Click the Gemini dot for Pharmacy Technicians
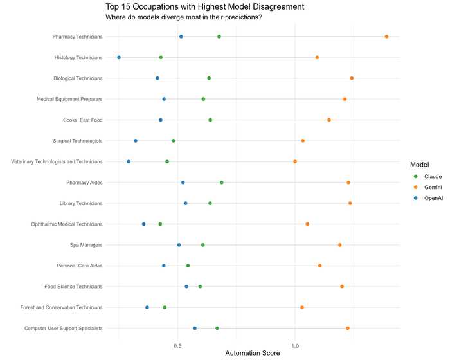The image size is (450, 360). pos(386,37)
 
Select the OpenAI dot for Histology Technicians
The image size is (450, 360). pos(119,57)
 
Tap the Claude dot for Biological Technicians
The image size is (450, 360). pos(209,78)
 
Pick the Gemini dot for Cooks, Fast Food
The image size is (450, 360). pos(329,120)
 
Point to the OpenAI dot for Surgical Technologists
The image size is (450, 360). pos(136,140)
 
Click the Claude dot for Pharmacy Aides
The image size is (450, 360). pos(222,182)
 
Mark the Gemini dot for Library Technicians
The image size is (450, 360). pos(350,203)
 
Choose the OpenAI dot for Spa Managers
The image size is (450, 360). pos(179,245)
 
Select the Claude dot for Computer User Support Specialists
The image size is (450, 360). pos(217,328)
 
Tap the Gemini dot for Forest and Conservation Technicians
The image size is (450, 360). pos(302,307)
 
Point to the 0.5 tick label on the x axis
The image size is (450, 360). pos(178,346)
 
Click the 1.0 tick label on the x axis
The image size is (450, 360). pos(295,346)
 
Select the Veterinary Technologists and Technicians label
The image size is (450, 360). pos(57,161)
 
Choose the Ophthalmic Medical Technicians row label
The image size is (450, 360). pos(67,224)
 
